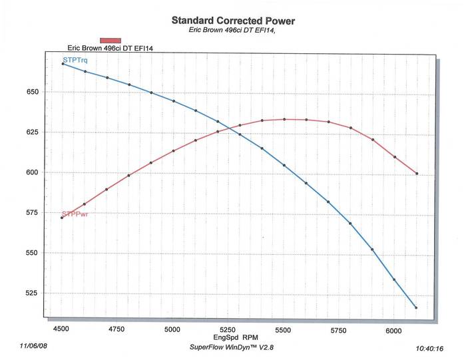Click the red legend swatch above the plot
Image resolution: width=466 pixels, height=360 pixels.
click(x=111, y=41)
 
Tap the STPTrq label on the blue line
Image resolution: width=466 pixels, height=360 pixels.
click(x=75, y=61)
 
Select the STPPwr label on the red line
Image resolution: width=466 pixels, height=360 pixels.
click(x=75, y=214)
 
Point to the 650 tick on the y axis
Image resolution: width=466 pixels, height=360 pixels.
click(x=31, y=92)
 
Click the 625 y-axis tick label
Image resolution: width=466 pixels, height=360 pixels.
click(x=31, y=132)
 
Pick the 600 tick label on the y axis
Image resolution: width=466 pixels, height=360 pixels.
click(x=31, y=172)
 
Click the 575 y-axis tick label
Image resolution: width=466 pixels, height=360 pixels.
click(x=31, y=213)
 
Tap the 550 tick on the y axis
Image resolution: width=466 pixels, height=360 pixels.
click(x=31, y=253)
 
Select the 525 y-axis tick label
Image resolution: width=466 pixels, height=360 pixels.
click(x=31, y=293)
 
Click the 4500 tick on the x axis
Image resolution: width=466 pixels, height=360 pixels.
click(x=61, y=329)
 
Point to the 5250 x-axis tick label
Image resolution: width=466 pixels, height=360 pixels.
click(x=228, y=329)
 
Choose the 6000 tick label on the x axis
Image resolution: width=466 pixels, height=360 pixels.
click(x=394, y=329)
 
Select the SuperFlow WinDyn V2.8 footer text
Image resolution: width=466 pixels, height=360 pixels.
click(x=229, y=347)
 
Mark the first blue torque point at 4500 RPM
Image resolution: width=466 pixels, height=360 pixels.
click(x=63, y=64)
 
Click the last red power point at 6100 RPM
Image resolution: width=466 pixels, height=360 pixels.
click(x=417, y=174)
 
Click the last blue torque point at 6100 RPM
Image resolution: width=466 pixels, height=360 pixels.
click(x=416, y=307)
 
